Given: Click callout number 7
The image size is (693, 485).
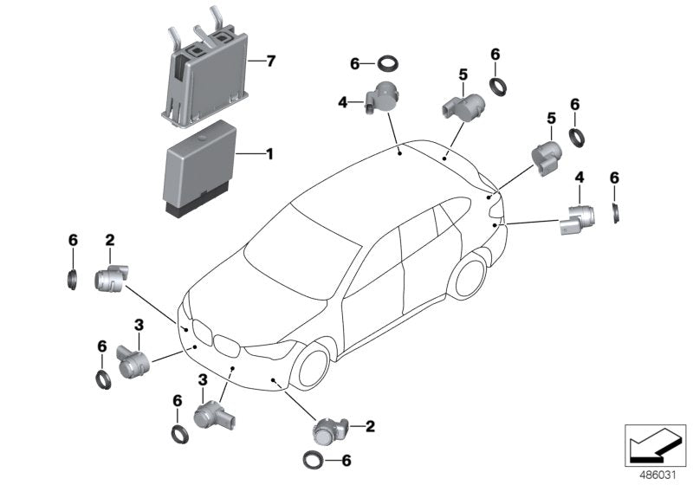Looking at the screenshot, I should [271, 61].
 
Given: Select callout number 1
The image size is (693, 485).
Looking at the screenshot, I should [269, 155].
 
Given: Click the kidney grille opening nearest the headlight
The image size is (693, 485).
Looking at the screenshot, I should [227, 346].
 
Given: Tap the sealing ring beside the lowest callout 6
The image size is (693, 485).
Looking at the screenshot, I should [311, 460].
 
